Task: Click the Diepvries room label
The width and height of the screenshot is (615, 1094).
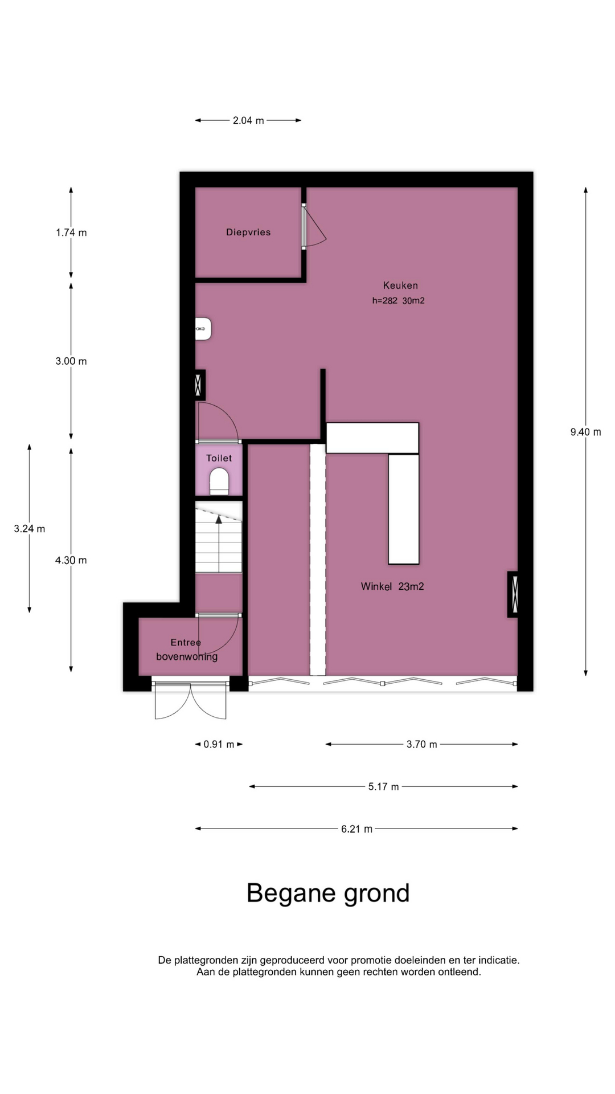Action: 248,232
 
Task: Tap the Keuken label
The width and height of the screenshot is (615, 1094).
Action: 400,285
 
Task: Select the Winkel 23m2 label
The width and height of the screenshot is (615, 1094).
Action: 392,586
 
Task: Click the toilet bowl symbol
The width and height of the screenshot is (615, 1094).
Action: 219,481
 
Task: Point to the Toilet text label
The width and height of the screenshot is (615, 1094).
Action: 219,458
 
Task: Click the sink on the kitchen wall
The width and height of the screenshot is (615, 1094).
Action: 203,329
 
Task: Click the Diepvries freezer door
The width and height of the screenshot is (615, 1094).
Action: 314,226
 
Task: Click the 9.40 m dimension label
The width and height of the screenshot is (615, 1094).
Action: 586,432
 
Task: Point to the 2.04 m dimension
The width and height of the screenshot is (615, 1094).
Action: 248,120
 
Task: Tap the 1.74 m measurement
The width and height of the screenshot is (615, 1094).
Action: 71,232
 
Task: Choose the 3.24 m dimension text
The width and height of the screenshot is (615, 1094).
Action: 30,529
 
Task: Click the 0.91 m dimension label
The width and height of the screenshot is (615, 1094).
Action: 219,744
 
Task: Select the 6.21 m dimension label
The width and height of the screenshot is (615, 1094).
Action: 357,829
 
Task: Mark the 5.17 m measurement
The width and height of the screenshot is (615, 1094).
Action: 384,787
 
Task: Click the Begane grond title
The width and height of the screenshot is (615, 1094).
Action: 328,893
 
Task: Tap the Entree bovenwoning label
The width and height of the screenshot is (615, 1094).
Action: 187,650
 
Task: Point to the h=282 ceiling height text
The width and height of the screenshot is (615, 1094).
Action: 385,301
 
